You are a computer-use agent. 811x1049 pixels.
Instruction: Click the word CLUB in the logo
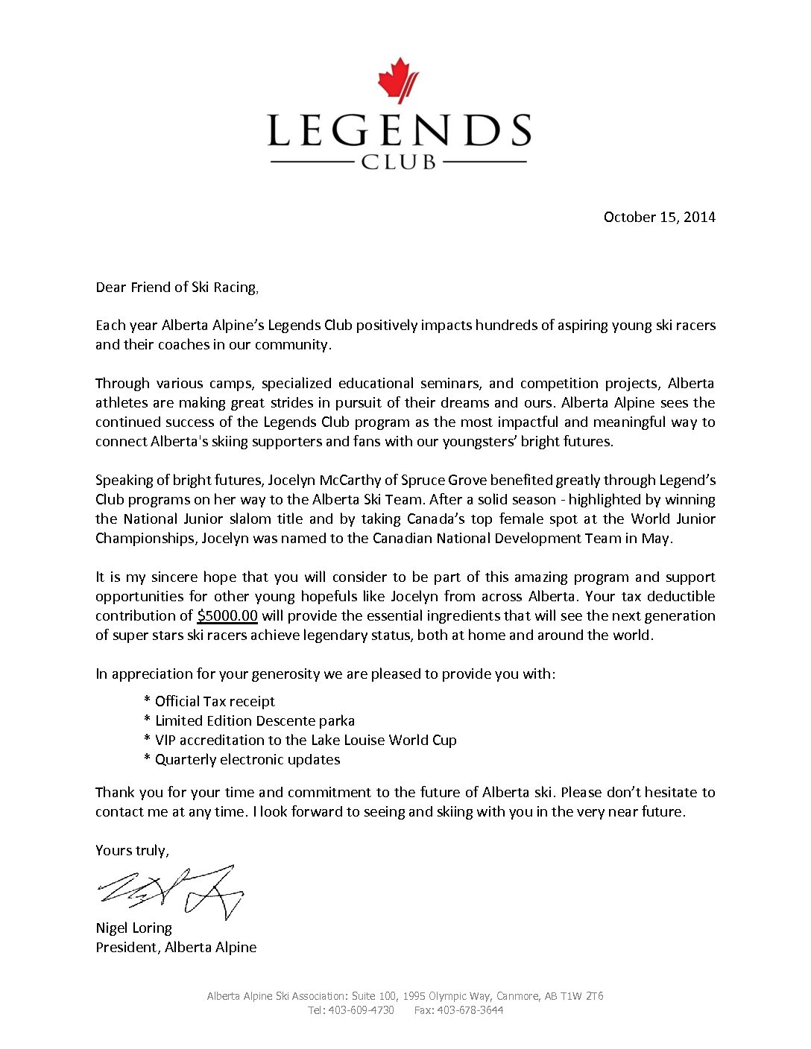coord(399,162)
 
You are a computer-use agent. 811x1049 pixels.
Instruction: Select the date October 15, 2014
coord(659,217)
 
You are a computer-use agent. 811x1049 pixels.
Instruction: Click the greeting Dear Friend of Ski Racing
coord(176,288)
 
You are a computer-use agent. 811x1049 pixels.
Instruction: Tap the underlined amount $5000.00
coord(227,616)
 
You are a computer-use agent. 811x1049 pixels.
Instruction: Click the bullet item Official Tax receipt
coord(214,702)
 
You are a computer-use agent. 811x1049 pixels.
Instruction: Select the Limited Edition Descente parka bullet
coord(254,721)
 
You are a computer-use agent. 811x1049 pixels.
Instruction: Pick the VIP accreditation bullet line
coord(305,741)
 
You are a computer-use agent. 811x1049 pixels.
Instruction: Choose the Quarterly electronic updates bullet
coord(247,760)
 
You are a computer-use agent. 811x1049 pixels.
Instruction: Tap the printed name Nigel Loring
coord(133,928)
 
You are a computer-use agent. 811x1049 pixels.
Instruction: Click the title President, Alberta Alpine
coord(176,948)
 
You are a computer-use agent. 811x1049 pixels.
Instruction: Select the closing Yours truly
coord(132,851)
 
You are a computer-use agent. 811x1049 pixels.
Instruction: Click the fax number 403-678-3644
coord(470,1011)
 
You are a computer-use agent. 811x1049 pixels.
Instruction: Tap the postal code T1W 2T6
coord(582,996)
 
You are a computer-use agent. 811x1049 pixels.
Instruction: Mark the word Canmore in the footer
coord(518,996)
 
